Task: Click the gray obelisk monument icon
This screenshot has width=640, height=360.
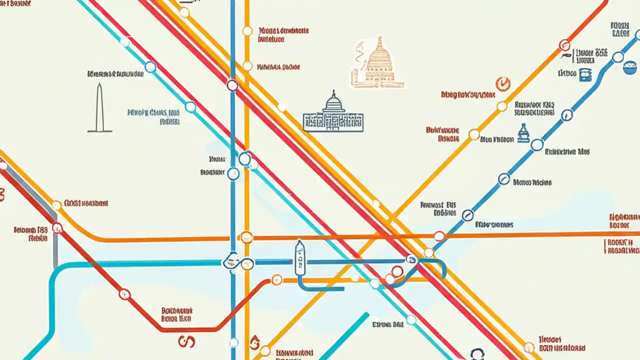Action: [x=100, y=108]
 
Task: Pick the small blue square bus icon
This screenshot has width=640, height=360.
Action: [x=584, y=74]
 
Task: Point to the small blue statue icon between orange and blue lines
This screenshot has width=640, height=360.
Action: [x=523, y=133]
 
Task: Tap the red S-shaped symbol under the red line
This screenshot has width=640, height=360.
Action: [x=186, y=341]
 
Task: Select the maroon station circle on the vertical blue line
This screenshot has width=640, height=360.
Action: [x=232, y=85]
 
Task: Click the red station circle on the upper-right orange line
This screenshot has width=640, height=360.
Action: [x=564, y=44]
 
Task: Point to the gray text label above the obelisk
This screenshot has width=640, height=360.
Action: [x=115, y=74]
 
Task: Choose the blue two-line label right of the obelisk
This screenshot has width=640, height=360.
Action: [x=153, y=116]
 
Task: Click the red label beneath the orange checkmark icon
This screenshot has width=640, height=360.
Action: [x=468, y=94]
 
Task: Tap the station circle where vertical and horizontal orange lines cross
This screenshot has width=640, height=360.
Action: [x=246, y=237]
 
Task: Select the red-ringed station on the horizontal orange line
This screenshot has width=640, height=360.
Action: [x=438, y=236]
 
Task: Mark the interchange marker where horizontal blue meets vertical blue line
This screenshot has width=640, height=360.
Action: [x=231, y=261]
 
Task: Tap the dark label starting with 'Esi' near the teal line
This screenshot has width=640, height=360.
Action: [x=387, y=324]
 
